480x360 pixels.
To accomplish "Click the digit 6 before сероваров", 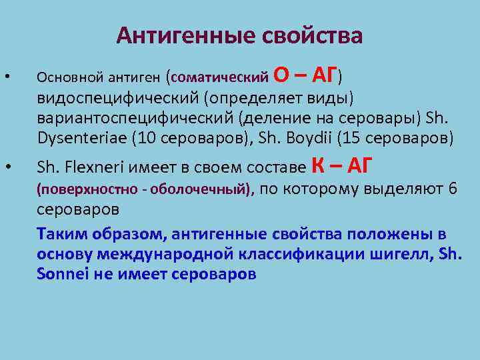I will [453, 189].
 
